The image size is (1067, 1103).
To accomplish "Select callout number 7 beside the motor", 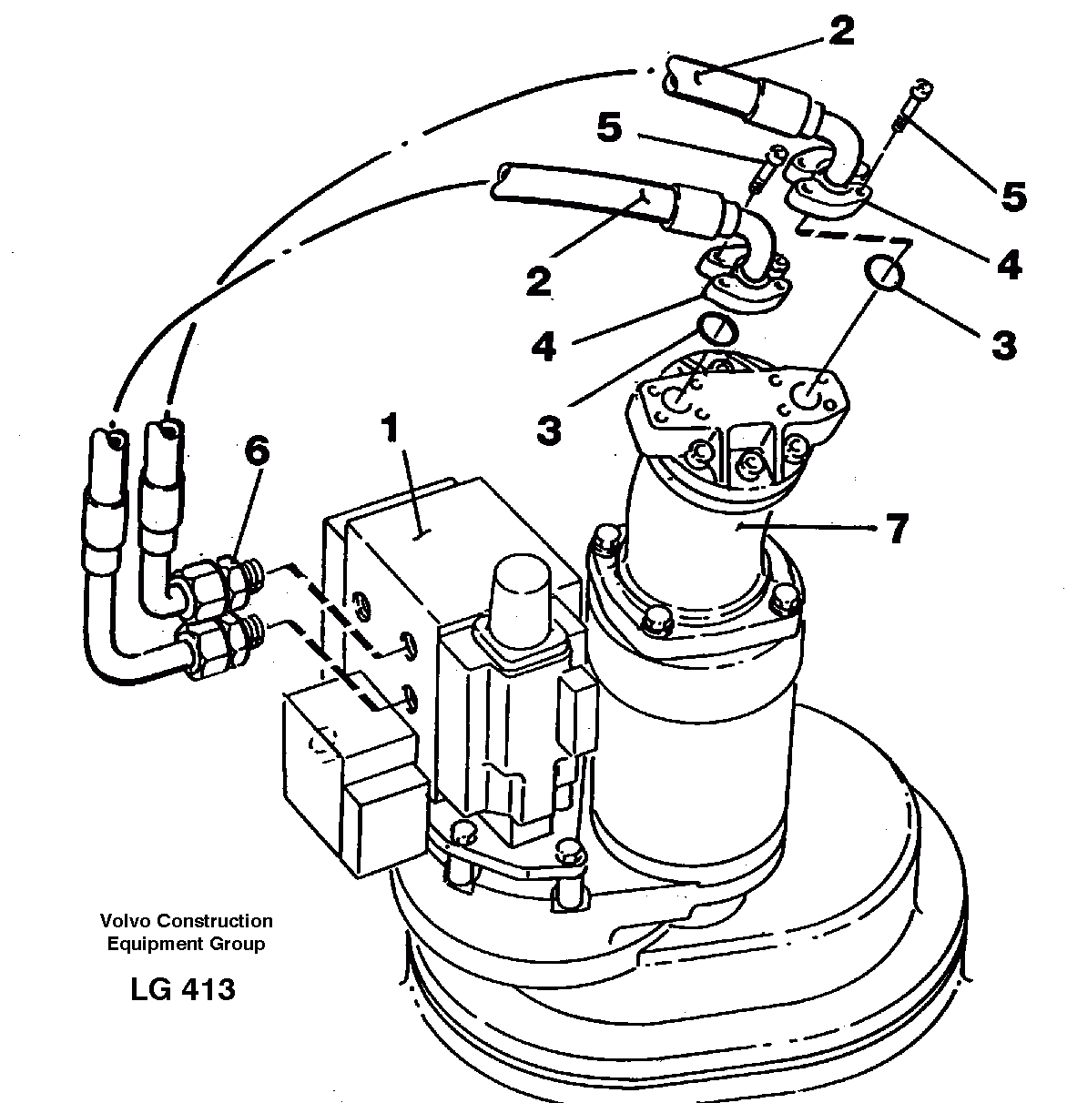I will (x=897, y=528).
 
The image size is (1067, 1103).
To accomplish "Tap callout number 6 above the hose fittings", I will (x=258, y=453).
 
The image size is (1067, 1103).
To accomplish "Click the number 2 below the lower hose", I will (x=539, y=280).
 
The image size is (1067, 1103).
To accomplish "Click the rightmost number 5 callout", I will (x=1013, y=197).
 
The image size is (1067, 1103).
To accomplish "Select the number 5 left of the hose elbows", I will (x=609, y=128).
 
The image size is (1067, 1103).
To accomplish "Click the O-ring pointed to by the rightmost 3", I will (x=885, y=272).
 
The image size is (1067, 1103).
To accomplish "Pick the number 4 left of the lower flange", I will (x=544, y=347).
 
